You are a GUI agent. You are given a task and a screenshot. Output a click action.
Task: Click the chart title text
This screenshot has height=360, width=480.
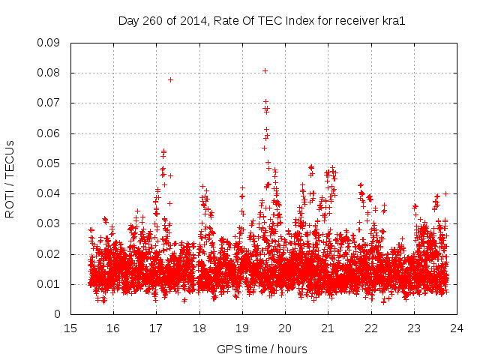click(x=262, y=21)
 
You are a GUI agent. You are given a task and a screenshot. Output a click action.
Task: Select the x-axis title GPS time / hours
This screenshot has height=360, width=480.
click(x=262, y=349)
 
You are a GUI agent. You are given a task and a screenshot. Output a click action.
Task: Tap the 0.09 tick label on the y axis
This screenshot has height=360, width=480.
click(x=49, y=43)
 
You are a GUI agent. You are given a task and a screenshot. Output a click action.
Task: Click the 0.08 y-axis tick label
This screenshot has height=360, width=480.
click(x=49, y=73)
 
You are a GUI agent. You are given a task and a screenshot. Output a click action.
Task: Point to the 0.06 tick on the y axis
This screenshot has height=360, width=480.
click(x=49, y=133)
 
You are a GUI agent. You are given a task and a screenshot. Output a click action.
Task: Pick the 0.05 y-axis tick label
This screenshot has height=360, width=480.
click(x=49, y=163)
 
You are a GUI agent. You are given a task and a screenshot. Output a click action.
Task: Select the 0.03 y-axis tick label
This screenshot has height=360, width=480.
click(x=49, y=223)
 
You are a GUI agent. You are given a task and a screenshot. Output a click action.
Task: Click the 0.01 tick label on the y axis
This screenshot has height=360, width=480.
click(x=49, y=284)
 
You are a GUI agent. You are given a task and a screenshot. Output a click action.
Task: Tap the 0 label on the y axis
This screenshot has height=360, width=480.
click(x=58, y=314)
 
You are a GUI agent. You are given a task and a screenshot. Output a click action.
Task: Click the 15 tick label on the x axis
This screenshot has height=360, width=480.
click(x=70, y=328)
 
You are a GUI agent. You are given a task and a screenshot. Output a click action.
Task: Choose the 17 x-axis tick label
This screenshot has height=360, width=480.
click(x=156, y=328)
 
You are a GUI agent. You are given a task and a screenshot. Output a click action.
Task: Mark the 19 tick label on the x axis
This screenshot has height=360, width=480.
click(x=241, y=328)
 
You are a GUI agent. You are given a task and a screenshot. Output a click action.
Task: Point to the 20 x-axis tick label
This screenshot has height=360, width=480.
click(x=285, y=328)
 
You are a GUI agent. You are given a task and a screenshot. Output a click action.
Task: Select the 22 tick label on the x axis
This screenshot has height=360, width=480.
click(x=370, y=328)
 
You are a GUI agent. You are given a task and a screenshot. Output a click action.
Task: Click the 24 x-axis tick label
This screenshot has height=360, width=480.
click(x=456, y=328)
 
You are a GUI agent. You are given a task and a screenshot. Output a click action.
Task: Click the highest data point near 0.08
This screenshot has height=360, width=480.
click(x=265, y=71)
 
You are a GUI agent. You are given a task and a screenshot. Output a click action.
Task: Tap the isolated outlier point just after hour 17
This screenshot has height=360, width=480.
click(x=170, y=79)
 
